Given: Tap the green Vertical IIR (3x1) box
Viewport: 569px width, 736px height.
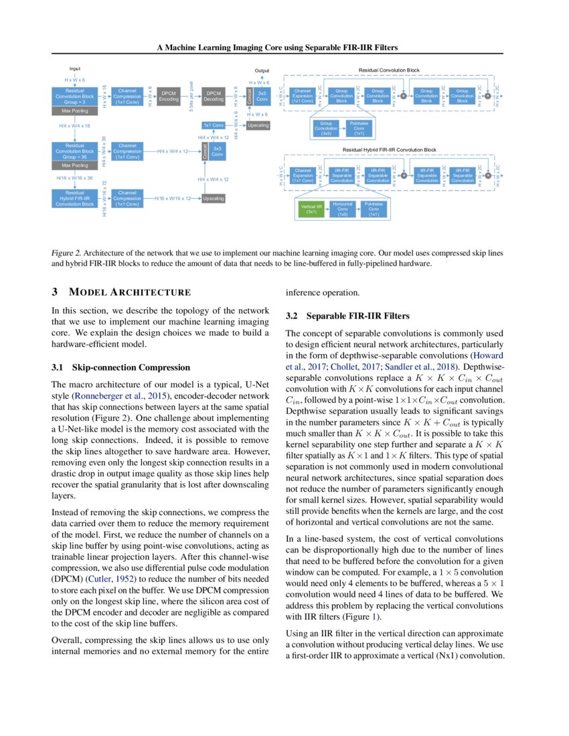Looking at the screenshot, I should click(x=311, y=210).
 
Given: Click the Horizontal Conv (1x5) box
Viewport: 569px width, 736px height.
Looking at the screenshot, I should click(x=343, y=210).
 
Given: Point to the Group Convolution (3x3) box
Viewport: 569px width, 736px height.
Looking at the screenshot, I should click(x=327, y=128).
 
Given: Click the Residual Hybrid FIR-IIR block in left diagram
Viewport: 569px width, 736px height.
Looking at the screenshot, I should click(x=75, y=198).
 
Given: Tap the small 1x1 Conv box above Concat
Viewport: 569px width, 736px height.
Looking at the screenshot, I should click(x=214, y=125).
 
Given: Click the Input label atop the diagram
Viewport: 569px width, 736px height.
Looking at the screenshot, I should click(x=75, y=69).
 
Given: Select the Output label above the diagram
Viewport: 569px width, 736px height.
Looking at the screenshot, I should click(x=262, y=70).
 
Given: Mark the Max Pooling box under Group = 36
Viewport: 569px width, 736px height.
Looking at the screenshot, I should click(x=75, y=165).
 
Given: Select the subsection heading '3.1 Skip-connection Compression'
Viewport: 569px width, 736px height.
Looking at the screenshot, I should click(x=120, y=367).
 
